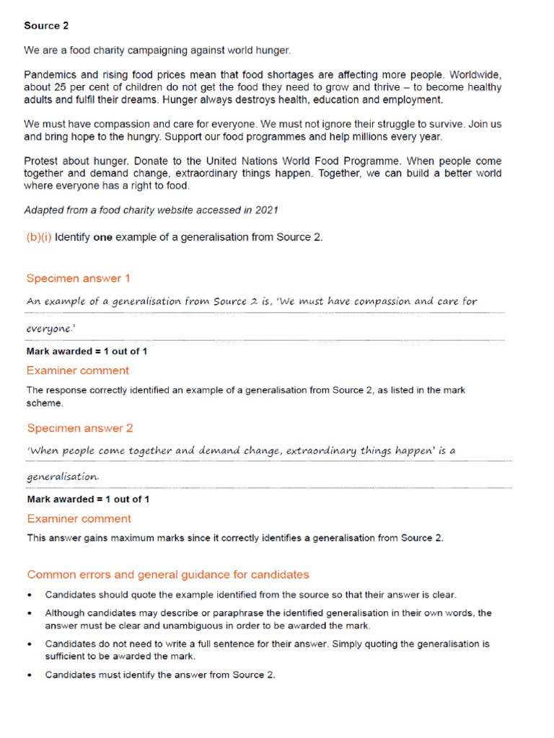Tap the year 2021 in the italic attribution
pyautogui.click(x=266, y=210)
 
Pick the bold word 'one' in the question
pyautogui.click(x=103, y=237)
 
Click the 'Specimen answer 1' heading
pyautogui.click(x=78, y=278)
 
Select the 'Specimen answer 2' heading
pyautogui.click(x=79, y=428)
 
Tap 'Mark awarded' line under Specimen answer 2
pyautogui.click(x=88, y=499)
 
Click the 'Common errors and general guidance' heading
pyautogui.click(x=167, y=574)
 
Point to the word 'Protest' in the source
pyautogui.click(x=43, y=161)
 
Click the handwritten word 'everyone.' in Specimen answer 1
pyautogui.click(x=50, y=328)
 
